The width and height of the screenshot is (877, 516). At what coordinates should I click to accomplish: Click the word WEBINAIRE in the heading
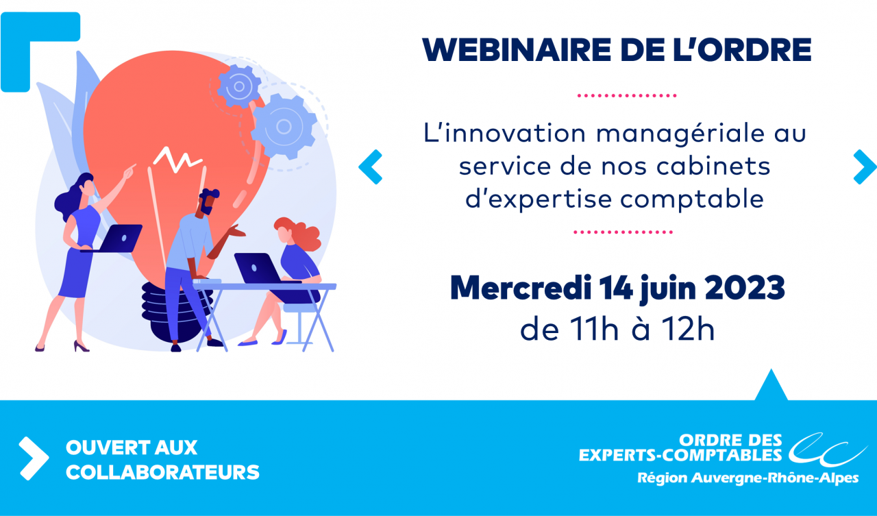click(x=517, y=50)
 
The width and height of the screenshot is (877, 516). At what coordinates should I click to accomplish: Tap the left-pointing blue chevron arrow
click(x=370, y=167)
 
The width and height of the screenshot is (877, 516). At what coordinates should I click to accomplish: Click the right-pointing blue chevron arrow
click(x=865, y=167)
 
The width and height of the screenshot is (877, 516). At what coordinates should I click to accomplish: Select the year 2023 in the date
click(x=744, y=288)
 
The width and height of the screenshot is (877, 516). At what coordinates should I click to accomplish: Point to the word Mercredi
click(x=521, y=288)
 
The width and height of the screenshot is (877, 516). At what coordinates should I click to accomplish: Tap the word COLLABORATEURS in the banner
click(x=162, y=472)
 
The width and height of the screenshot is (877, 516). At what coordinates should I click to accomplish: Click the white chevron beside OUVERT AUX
click(x=34, y=458)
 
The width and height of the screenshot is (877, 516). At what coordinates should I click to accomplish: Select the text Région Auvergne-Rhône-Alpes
click(x=748, y=478)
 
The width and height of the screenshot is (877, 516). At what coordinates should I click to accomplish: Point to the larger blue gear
click(x=284, y=127)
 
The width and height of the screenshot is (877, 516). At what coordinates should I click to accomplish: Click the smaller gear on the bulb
click(x=239, y=86)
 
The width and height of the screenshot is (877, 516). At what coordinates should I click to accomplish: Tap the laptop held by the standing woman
click(x=117, y=239)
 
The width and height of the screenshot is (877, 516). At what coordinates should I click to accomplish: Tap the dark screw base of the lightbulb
click(x=177, y=313)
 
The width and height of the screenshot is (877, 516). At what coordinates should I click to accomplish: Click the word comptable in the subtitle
click(x=692, y=199)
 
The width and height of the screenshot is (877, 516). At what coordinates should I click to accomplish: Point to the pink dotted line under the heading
click(x=626, y=95)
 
